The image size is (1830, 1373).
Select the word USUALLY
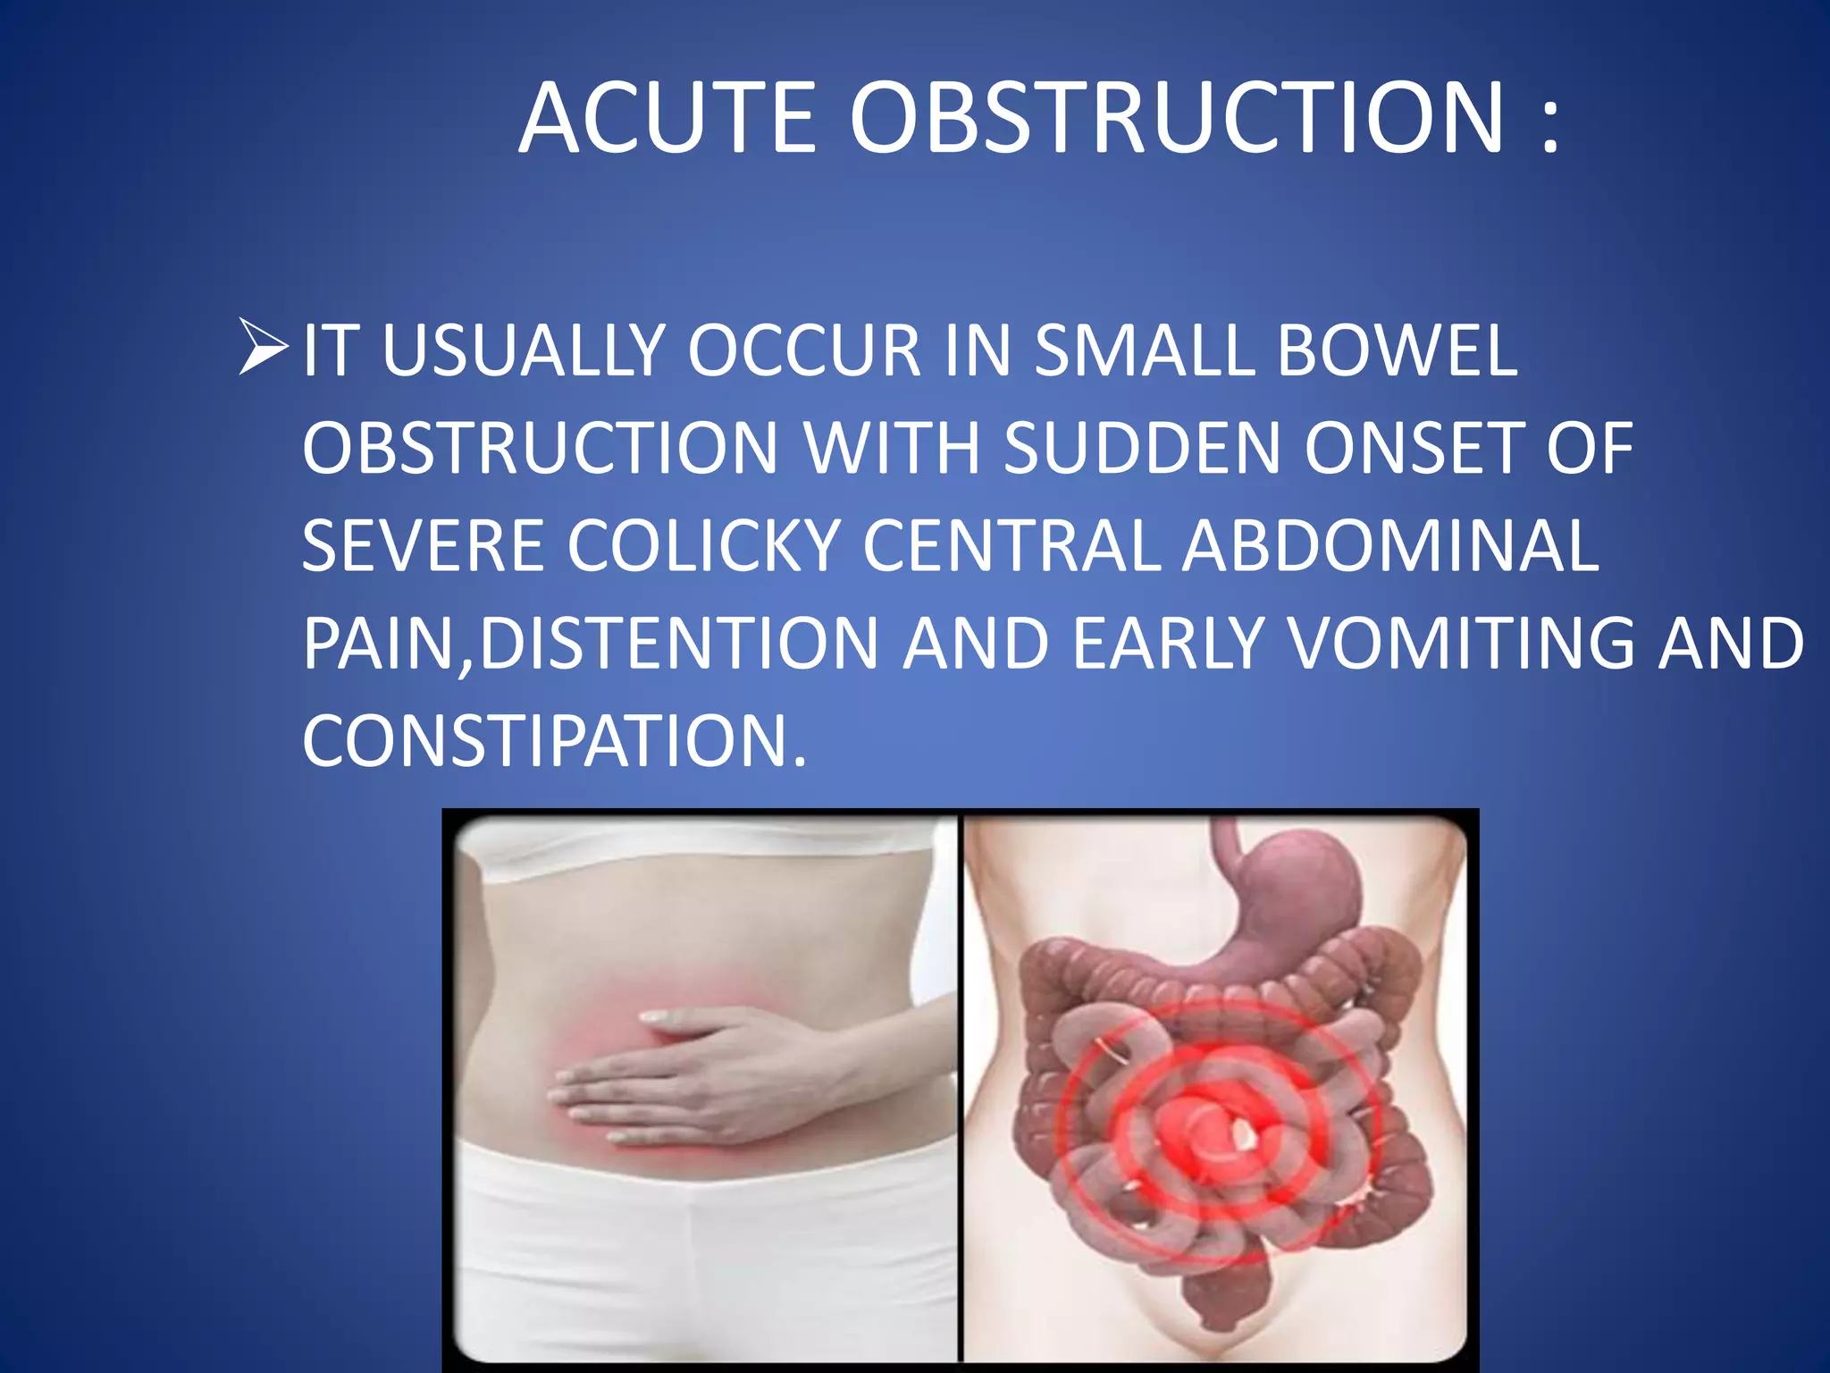click(x=522, y=350)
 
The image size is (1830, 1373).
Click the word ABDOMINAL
click(x=1390, y=546)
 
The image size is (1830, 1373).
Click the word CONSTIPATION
click(x=554, y=742)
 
